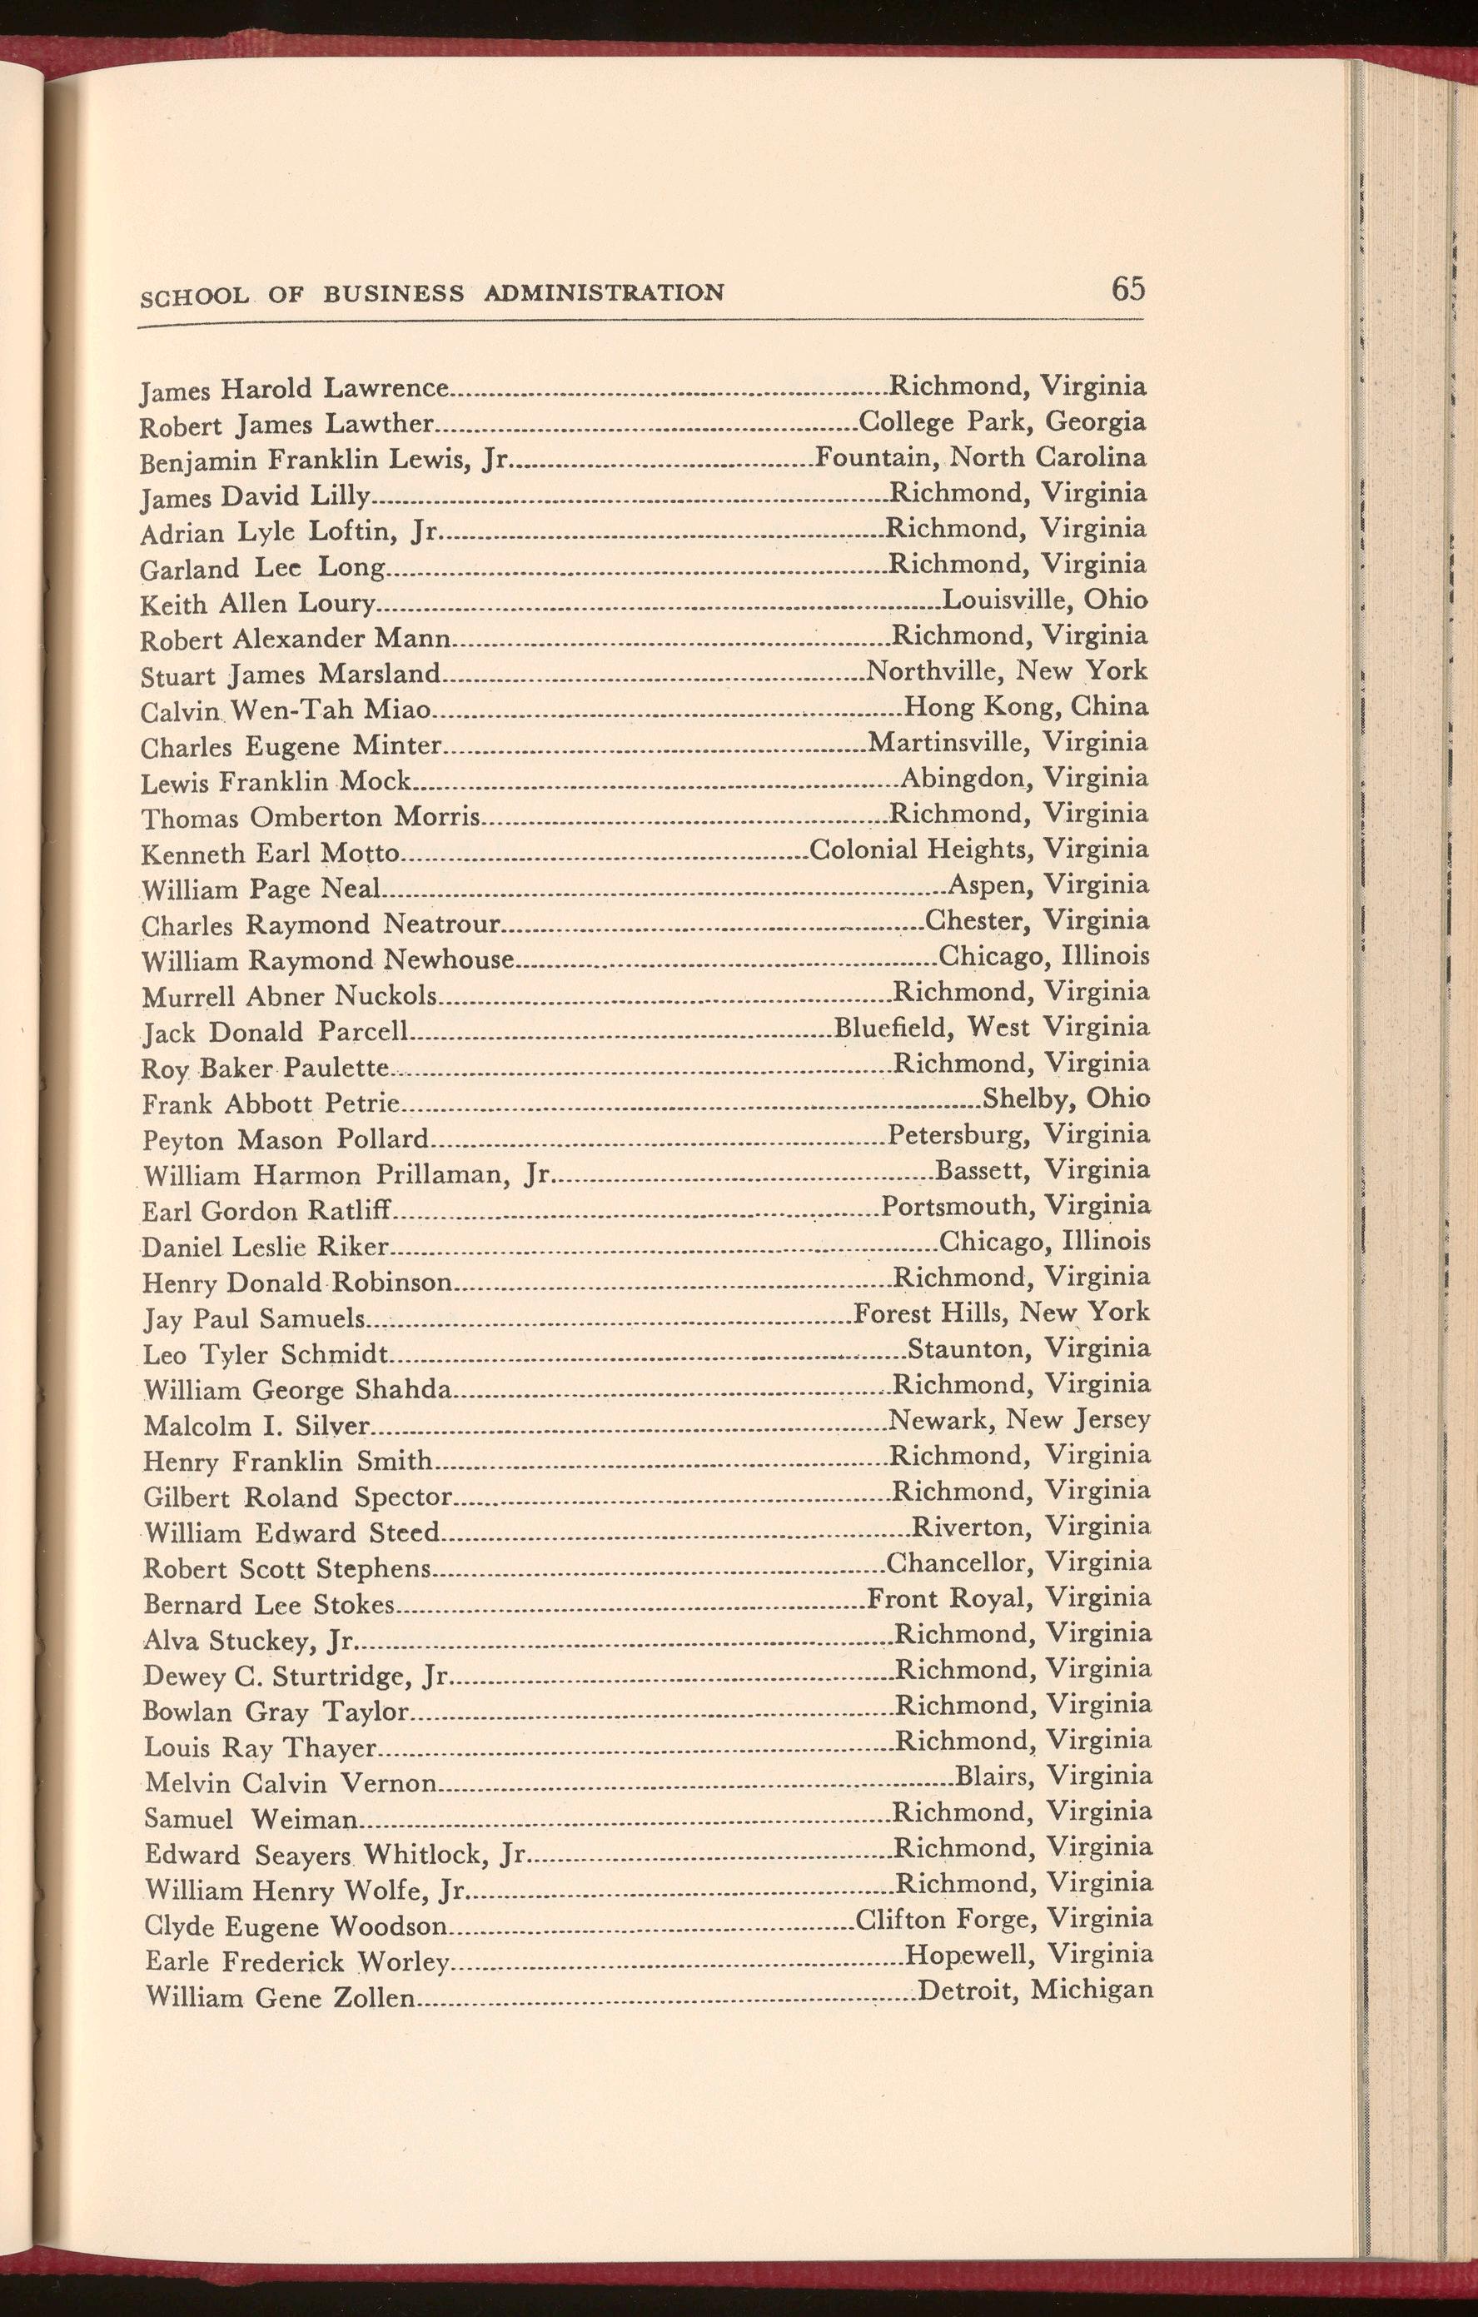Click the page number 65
pos(1127,289)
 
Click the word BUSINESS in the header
pos(392,293)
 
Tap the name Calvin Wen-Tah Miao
pos(285,711)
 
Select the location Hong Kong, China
pos(1027,707)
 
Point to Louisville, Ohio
pos(1044,600)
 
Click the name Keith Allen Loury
pos(257,605)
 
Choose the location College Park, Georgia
pos(1002,422)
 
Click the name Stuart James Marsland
pos(291,675)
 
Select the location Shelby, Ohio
pos(1066,1098)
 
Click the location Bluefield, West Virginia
pos(991,1027)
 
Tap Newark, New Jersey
pos(1019,1419)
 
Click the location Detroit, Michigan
pos(1035,1989)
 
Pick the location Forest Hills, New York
pos(1002,1313)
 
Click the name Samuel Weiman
pos(251,1820)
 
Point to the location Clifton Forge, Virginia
pos(1003,1919)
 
